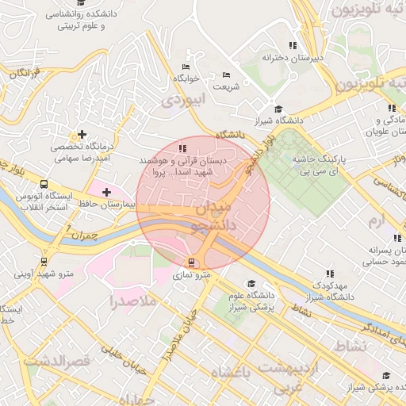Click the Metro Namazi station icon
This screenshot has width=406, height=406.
[x=191, y=262]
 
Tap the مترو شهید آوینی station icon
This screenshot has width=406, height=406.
[x=44, y=261]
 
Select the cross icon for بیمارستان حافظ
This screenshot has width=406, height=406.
[x=106, y=192]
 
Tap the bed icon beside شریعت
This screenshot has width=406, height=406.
[x=226, y=75]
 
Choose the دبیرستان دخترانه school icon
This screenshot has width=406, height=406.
[x=293, y=45]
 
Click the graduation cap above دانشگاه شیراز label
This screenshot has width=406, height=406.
[x=278, y=109]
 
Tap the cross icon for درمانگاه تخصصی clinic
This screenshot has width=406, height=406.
[x=82, y=135]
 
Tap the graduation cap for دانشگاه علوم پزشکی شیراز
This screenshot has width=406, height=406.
[x=251, y=284]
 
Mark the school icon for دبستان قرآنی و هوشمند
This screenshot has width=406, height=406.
[x=182, y=148]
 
